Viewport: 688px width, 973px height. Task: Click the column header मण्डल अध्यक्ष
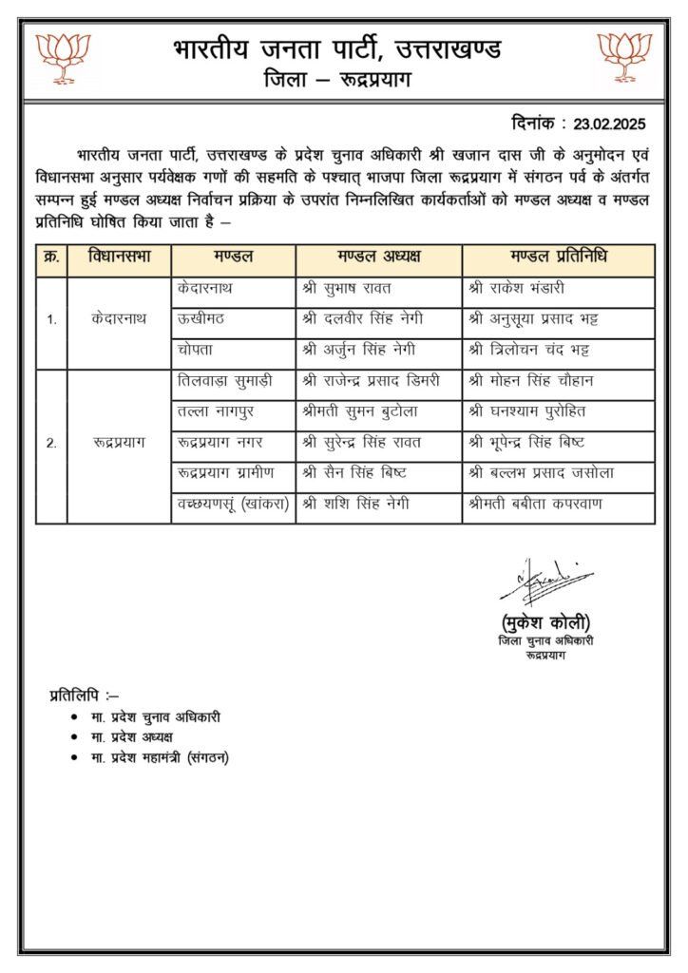pos(378,258)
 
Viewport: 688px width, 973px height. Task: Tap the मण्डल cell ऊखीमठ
pos(201,318)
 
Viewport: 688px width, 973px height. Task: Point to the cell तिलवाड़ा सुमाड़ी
pos(224,381)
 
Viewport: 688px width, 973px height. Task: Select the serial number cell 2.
pos(51,443)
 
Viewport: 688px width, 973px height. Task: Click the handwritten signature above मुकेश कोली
pos(545,582)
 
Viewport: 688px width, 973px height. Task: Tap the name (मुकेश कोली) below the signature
pos(545,623)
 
